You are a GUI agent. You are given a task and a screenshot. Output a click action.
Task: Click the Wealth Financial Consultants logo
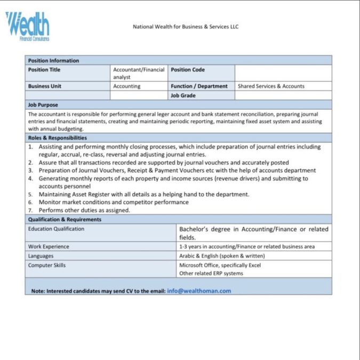[27, 26]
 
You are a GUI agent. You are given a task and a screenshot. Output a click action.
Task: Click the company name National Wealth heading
[185, 27]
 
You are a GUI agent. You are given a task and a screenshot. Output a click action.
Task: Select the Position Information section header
[53, 60]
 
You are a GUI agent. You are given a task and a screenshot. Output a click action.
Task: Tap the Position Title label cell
[44, 70]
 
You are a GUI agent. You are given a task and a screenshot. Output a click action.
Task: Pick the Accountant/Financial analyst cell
[139, 73]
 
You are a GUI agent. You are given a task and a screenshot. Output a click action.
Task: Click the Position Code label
[188, 70]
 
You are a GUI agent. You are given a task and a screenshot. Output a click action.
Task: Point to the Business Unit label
[45, 86]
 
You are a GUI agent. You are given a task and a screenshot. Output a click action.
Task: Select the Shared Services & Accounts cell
[271, 86]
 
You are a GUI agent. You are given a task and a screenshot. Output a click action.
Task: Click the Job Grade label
[183, 95]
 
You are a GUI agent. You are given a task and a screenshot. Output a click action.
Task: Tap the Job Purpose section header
[43, 105]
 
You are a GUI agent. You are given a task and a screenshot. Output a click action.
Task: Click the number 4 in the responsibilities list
[31, 179]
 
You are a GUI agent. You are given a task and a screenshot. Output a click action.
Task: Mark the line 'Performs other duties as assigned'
[84, 210]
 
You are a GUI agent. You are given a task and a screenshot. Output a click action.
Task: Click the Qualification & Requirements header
[65, 219]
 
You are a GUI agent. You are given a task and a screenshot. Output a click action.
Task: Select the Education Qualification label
[56, 229]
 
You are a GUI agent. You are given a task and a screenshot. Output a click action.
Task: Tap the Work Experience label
[49, 246]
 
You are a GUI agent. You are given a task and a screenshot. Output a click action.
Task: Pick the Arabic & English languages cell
[222, 255]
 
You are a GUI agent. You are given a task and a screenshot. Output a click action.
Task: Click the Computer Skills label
[47, 265]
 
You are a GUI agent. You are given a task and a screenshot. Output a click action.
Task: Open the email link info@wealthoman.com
[199, 291]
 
